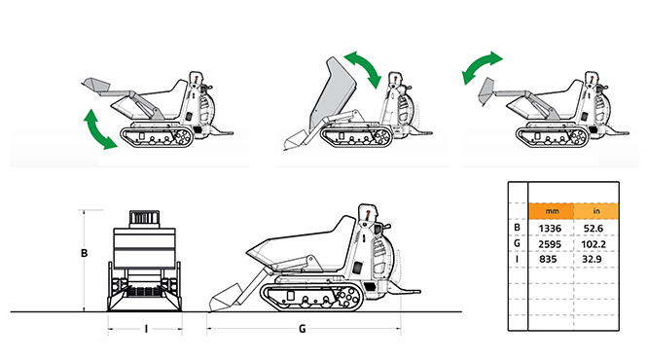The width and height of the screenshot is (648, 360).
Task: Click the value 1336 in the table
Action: pyautogui.click(x=550, y=228)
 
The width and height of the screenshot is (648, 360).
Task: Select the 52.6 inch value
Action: pyautogui.click(x=594, y=228)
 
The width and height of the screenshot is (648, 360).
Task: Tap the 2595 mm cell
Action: pyautogui.click(x=550, y=244)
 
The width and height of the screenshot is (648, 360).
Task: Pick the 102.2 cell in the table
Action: pyautogui.click(x=594, y=244)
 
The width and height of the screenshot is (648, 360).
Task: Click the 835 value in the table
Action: pyautogui.click(x=548, y=259)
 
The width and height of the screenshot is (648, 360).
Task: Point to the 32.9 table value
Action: pyautogui.click(x=592, y=259)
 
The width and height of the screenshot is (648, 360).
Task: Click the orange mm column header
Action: pyautogui.click(x=552, y=211)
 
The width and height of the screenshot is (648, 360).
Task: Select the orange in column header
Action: pyautogui.click(x=596, y=211)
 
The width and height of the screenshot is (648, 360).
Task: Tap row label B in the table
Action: pyautogui.click(x=517, y=228)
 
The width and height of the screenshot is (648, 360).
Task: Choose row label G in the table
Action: pyautogui.click(x=517, y=243)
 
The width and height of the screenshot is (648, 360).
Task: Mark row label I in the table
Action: pyautogui.click(x=517, y=259)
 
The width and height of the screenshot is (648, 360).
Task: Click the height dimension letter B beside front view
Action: pyautogui.click(x=84, y=253)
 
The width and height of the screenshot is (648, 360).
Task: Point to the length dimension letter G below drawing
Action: pyautogui.click(x=302, y=329)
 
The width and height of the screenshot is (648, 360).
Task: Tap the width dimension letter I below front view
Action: pyautogui.click(x=146, y=329)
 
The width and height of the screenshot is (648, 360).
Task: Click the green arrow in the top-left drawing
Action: pyautogui.click(x=99, y=129)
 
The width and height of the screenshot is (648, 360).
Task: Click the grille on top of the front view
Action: pyautogui.click(x=144, y=217)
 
